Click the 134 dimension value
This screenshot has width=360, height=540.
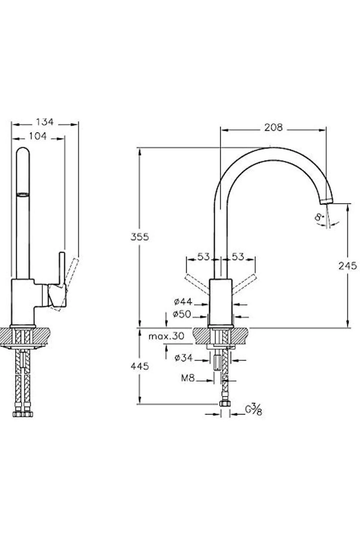point(45,122)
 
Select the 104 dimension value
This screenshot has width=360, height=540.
point(38,136)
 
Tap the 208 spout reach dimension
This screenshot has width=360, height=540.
point(273,127)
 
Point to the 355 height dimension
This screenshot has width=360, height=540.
point(139,237)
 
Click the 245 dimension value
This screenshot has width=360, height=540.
point(347,266)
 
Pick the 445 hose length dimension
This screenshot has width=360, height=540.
point(139,366)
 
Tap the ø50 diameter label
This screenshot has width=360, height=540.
point(182,314)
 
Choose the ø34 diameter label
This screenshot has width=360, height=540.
point(184,358)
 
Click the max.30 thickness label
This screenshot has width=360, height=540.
point(166,336)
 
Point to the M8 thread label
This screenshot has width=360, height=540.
point(188,378)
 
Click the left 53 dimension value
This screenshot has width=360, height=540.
point(203,257)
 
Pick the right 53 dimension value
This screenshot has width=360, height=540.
point(238,257)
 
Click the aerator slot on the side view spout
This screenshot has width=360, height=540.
point(23,195)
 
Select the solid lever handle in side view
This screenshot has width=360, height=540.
point(62,270)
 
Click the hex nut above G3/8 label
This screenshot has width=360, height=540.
point(225,403)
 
